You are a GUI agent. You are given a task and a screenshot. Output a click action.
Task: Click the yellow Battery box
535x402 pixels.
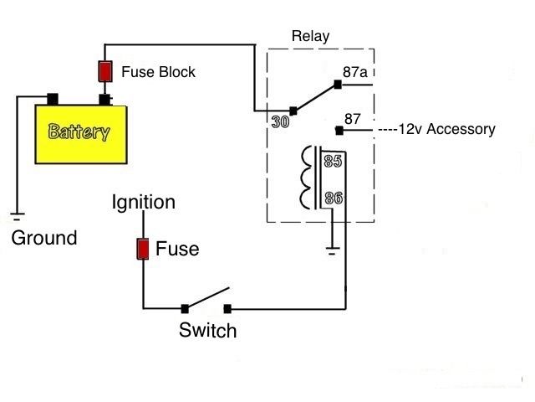pyautogui.click(x=80, y=133)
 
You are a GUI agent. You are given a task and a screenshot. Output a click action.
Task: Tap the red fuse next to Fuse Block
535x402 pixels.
pyautogui.click(x=105, y=72)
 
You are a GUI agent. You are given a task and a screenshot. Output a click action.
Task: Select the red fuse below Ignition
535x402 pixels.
pyautogui.click(x=143, y=249)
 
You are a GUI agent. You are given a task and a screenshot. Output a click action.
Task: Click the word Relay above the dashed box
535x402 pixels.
pyautogui.click(x=310, y=36)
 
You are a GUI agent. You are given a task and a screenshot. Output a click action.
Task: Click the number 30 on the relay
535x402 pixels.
pyautogui.click(x=280, y=122)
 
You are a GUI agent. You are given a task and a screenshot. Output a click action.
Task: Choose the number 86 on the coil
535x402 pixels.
pyautogui.click(x=334, y=198)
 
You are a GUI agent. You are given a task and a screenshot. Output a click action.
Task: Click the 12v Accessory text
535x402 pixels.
pyautogui.click(x=436, y=130)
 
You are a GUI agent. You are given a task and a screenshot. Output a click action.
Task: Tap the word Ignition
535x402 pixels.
pyautogui.click(x=145, y=203)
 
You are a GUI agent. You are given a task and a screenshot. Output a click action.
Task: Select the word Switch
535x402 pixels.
pyautogui.click(x=207, y=331)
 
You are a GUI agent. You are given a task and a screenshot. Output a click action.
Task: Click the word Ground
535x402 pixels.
pyautogui.click(x=43, y=238)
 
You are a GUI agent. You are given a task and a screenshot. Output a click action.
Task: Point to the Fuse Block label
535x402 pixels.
pyautogui.click(x=158, y=72)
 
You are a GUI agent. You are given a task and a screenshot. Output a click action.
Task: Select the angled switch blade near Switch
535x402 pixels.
pyautogui.click(x=206, y=300)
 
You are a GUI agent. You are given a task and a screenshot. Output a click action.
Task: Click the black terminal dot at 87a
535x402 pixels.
pyautogui.click(x=337, y=83)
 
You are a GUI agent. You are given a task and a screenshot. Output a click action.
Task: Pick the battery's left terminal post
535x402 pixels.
pyautogui.click(x=52, y=98)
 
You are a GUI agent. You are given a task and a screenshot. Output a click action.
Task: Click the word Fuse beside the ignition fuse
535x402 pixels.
pyautogui.click(x=178, y=249)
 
